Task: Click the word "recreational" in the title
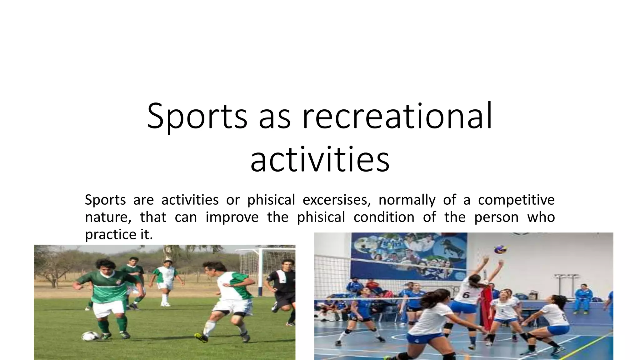pyautogui.click(x=397, y=116)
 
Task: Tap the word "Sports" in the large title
pyautogui.click(x=197, y=116)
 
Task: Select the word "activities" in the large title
pyautogui.click(x=320, y=160)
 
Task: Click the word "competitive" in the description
pyautogui.click(x=516, y=200)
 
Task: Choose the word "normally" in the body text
pyautogui.click(x=407, y=200)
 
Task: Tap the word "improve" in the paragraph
pyautogui.click(x=232, y=217)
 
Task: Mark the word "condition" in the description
pyautogui.click(x=384, y=217)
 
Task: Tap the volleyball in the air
pyautogui.click(x=500, y=249)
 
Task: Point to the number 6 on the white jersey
pyautogui.click(x=466, y=294)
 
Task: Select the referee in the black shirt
pyautogui.click(x=283, y=287)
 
